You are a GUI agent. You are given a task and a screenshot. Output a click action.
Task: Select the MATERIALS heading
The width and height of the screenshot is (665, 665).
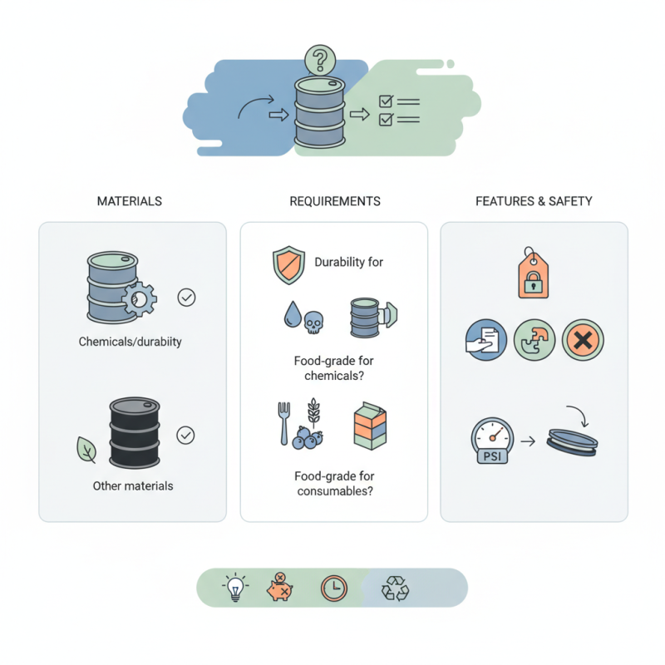(129, 201)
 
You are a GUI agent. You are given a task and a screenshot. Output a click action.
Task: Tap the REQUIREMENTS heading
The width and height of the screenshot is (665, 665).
(335, 201)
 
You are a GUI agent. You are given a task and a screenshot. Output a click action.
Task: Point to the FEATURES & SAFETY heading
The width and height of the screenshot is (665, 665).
(534, 201)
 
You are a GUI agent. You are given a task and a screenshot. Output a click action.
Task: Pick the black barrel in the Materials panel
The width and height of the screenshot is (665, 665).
(135, 432)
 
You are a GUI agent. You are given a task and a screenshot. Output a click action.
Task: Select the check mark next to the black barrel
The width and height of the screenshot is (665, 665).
(187, 434)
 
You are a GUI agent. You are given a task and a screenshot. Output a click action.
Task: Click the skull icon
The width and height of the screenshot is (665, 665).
(314, 322)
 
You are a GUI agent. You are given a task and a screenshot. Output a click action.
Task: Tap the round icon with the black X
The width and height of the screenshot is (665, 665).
(582, 341)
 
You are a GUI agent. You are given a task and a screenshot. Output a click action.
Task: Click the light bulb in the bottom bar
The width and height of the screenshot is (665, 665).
(235, 589)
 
